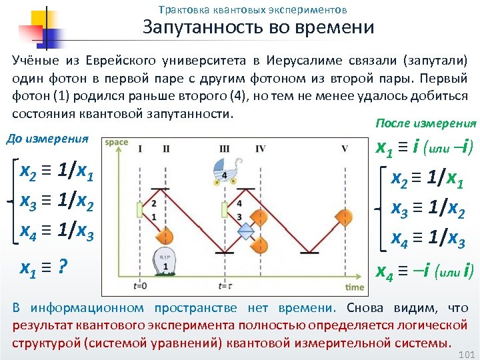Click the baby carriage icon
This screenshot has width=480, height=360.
tap(225, 172)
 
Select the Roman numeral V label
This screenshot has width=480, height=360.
tap(344, 148)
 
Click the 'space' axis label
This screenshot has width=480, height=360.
tap(116, 141)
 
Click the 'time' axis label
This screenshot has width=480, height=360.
tap(355, 287)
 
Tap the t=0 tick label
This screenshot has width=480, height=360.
tap(140, 286)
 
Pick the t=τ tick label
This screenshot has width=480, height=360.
tap(225, 286)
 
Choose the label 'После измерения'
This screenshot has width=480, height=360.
tap(426, 123)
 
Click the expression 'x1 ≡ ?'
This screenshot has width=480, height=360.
tap(43, 267)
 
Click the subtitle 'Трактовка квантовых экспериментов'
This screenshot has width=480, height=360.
tap(253, 10)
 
